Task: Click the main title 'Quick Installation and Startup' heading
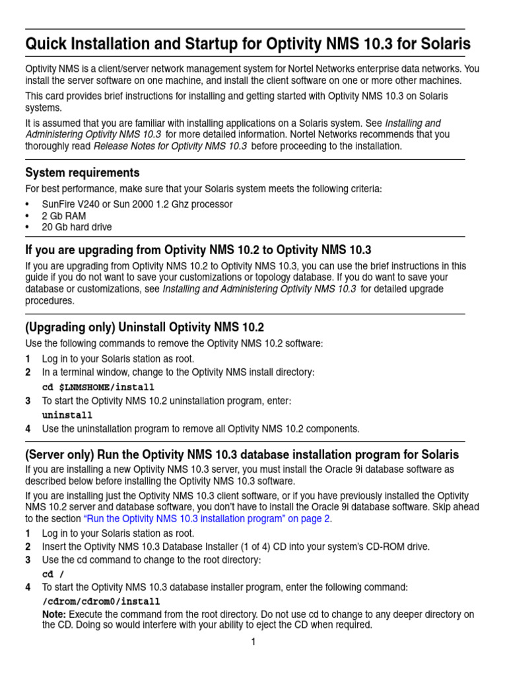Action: click(248, 45)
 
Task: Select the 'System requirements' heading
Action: click(83, 173)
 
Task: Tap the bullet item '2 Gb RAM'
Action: click(64, 216)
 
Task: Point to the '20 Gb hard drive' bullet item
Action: click(77, 227)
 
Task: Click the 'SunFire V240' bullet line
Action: click(137, 205)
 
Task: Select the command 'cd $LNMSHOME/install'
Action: click(98, 387)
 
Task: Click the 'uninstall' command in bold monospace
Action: click(67, 415)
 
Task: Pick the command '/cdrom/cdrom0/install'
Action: click(101, 601)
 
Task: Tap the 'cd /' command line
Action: click(53, 574)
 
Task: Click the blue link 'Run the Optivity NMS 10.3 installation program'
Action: click(207, 519)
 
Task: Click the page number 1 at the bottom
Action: click(253, 642)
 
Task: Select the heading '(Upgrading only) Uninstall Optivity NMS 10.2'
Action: click(145, 327)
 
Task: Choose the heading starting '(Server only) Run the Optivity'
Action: click(242, 456)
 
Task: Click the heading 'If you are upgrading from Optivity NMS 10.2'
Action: click(198, 250)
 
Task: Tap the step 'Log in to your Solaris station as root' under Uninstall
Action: click(118, 358)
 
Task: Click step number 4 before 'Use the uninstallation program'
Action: click(28, 429)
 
